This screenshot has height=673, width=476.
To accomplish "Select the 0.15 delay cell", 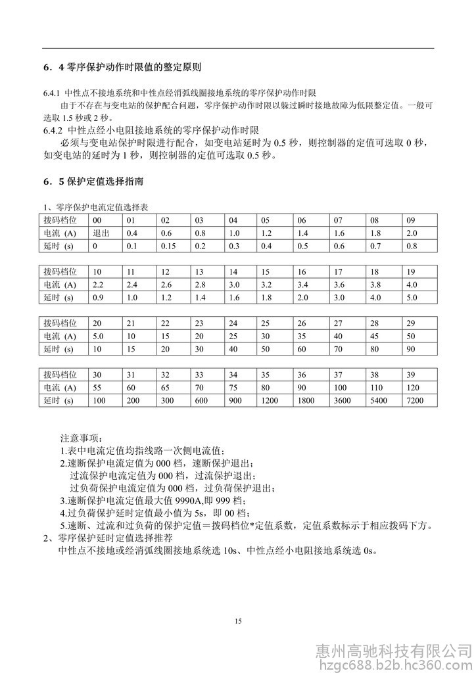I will pos(168,246).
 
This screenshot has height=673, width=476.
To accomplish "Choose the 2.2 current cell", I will pos(99,285).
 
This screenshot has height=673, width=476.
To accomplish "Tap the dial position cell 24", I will pos(233,323).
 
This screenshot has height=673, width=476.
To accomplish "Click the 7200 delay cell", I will pos(415,400).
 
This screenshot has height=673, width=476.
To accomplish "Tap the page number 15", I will pos(238,622).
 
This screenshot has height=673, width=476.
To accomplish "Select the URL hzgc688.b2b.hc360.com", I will pos(394,664).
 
